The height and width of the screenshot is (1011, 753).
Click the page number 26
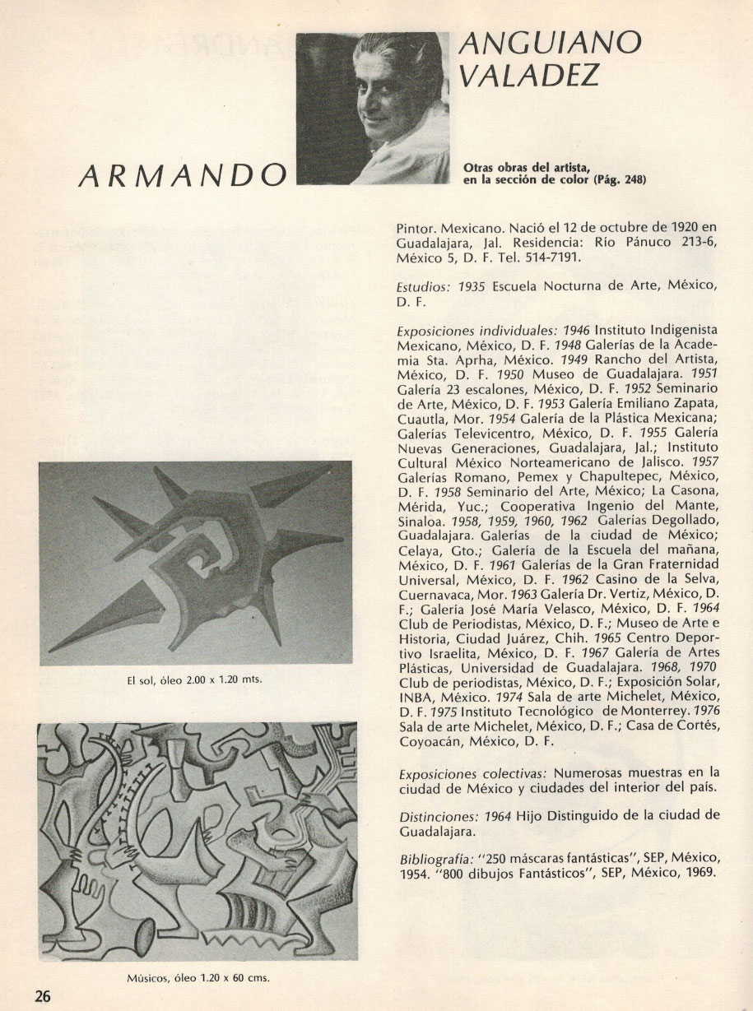click(x=42, y=995)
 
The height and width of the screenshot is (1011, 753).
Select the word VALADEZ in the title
click(x=529, y=77)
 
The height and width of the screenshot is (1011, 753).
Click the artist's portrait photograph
click(x=373, y=108)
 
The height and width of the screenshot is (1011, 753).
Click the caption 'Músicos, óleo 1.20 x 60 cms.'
click(x=198, y=978)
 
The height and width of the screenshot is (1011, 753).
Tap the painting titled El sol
click(x=195, y=563)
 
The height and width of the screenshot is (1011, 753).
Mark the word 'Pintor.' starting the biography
click(x=418, y=227)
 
